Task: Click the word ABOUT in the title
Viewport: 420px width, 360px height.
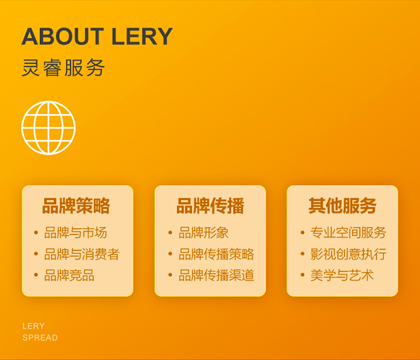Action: (x=63, y=36)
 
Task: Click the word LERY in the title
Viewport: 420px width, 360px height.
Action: (x=142, y=36)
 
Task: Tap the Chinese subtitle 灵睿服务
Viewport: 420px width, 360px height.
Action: (x=63, y=68)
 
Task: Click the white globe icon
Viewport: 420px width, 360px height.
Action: (x=49, y=128)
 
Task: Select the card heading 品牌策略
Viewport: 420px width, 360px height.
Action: (x=76, y=206)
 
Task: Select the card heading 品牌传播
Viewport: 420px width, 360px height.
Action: (x=210, y=206)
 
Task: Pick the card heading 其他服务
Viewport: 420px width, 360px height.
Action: (x=343, y=206)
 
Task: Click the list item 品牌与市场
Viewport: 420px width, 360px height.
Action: (x=75, y=233)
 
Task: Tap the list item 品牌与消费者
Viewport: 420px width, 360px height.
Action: (x=82, y=254)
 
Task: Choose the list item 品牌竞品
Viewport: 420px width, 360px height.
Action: (x=69, y=275)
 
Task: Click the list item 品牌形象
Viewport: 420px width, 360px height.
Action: (x=203, y=233)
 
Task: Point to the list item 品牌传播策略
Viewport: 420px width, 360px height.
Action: (x=216, y=254)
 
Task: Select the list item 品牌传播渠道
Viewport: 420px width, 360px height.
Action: (x=216, y=275)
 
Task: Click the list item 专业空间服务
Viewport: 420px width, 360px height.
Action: (x=348, y=233)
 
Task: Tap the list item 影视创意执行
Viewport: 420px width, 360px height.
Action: (x=348, y=254)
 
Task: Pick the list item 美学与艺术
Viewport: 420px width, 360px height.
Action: (x=342, y=275)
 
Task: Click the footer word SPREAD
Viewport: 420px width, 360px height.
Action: (x=40, y=338)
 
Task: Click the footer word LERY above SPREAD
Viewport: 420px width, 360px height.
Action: (x=33, y=326)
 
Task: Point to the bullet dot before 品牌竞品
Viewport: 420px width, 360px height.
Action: (x=36, y=275)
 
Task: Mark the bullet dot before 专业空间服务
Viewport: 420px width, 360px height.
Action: (x=303, y=232)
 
